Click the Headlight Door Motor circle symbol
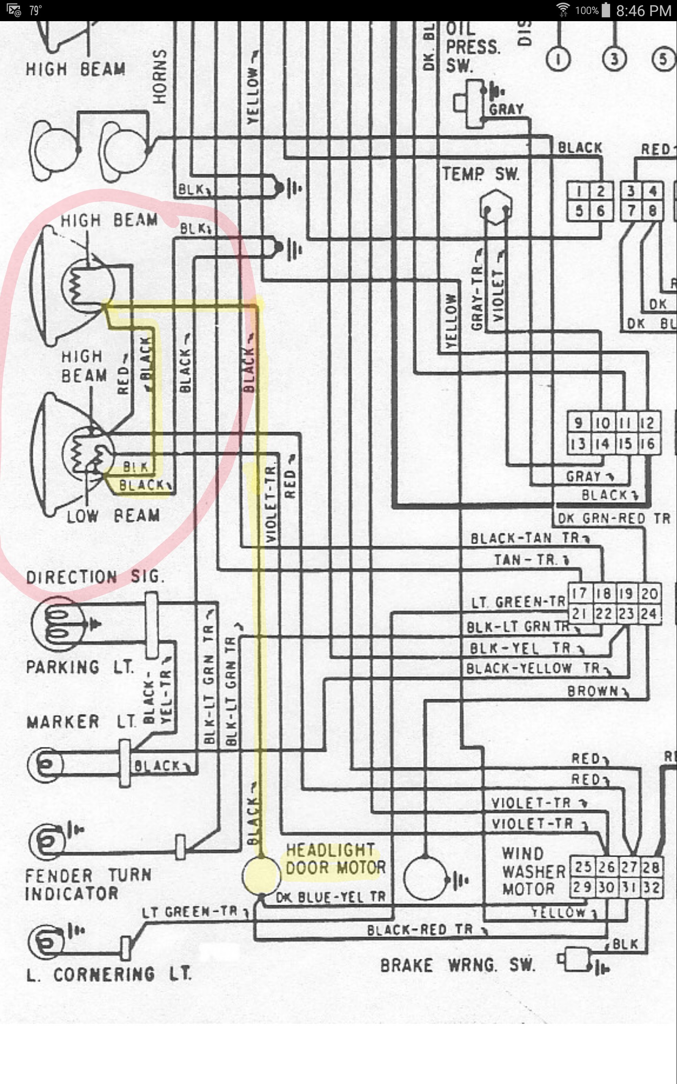(x=261, y=875)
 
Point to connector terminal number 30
(x=606, y=887)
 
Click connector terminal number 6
(x=600, y=210)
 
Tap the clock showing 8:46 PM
(x=643, y=11)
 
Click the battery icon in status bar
(x=605, y=10)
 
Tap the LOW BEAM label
(x=113, y=516)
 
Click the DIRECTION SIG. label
(x=95, y=576)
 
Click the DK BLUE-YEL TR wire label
(x=330, y=897)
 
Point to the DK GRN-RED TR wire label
(x=614, y=518)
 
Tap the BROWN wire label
(x=593, y=691)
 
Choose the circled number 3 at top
(x=614, y=59)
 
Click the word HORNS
(x=160, y=76)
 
